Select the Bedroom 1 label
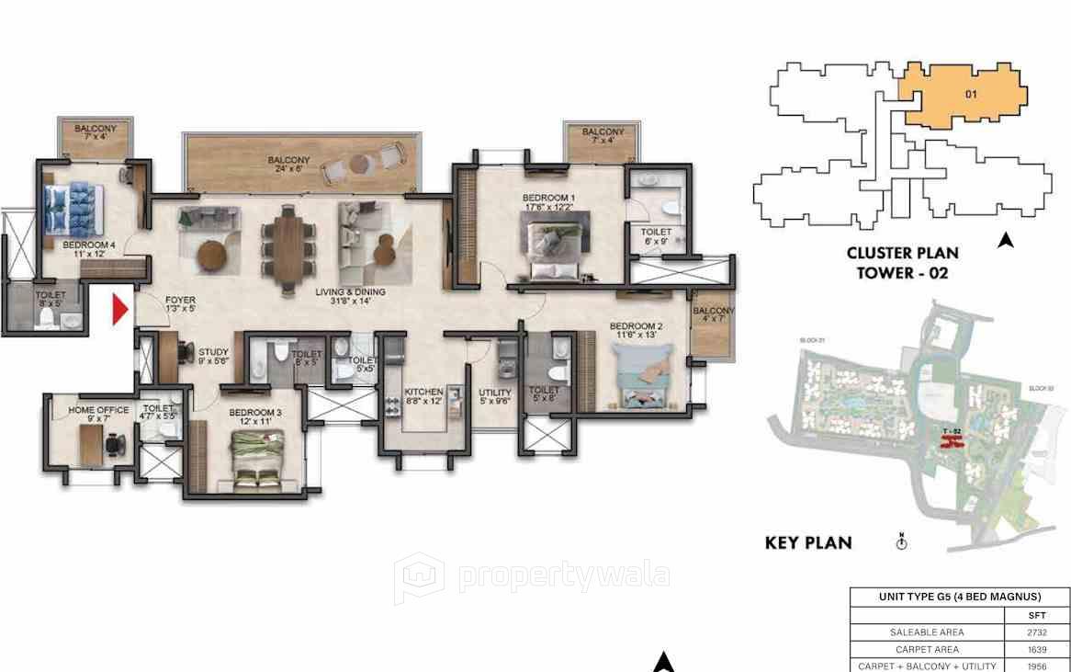pos(548,202)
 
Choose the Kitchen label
pos(423,396)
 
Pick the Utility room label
pos(496,396)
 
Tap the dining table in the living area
pos(288,243)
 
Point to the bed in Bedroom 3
pos(256,459)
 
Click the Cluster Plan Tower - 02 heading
pos(902,262)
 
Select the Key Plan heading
pos(808,542)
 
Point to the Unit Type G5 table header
pos(959,597)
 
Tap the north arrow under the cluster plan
pos(1005,241)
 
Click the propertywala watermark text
pos(563,575)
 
